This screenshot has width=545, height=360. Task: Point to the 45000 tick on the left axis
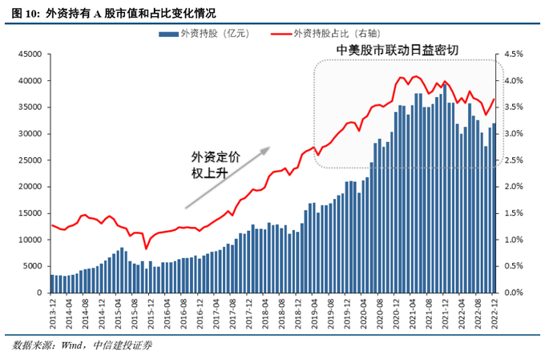[30, 55]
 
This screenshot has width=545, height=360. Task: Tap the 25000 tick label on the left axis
[30, 160]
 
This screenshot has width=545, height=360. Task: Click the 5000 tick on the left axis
[32, 266]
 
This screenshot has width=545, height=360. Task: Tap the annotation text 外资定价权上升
[215, 165]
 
